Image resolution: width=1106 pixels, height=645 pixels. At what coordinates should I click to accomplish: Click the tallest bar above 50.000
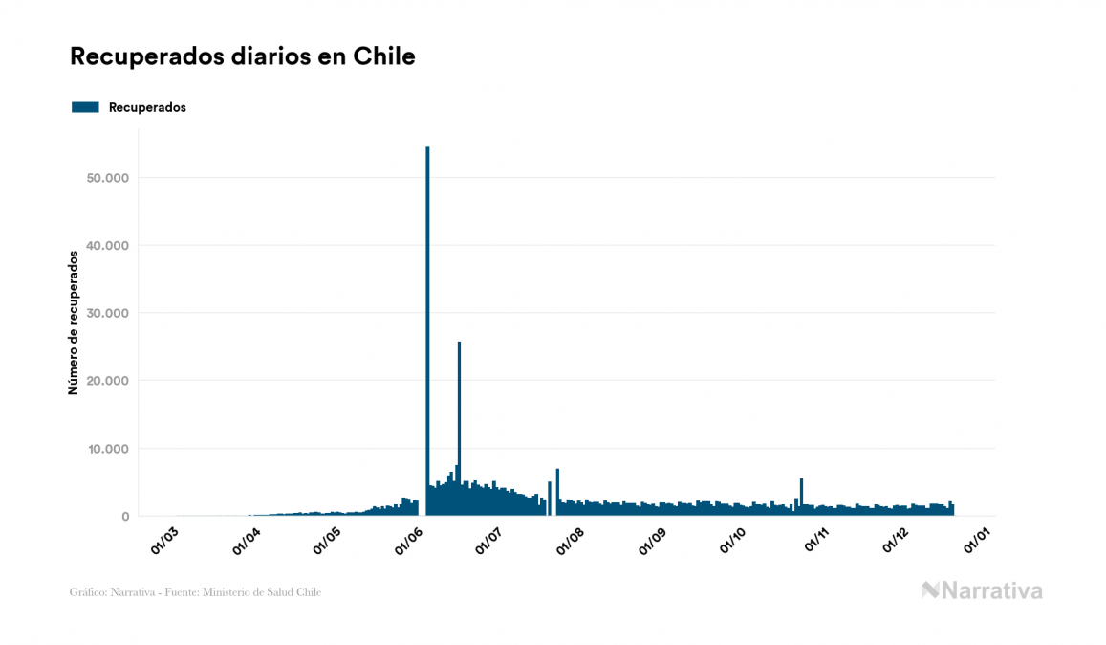(x=427, y=325)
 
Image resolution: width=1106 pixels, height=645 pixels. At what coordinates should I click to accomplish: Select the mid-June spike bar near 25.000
(x=459, y=421)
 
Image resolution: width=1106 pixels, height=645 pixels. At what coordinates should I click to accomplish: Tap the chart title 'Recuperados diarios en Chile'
(x=242, y=56)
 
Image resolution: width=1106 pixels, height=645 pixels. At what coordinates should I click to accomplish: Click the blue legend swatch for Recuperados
(x=85, y=107)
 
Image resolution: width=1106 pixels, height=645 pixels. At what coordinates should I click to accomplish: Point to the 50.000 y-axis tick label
(x=107, y=178)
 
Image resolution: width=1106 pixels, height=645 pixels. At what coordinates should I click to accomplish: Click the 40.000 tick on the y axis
(x=107, y=246)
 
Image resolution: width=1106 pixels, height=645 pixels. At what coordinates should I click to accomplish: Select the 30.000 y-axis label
(x=107, y=313)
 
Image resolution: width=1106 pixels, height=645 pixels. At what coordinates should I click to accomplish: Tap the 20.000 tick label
(x=107, y=381)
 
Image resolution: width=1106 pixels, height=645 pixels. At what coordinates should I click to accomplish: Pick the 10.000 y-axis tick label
(x=107, y=449)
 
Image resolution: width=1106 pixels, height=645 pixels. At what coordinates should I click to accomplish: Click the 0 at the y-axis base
(x=124, y=517)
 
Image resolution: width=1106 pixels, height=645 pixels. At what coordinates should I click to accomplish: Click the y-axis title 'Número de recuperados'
(x=73, y=323)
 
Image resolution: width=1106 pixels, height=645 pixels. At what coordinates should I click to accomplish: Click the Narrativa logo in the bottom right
(x=982, y=590)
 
